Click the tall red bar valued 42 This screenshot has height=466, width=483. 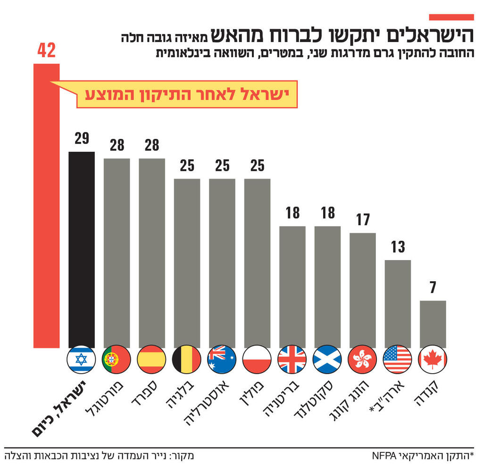point(46,207)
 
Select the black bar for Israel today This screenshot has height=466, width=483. point(82,250)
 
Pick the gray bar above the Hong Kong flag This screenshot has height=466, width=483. point(362,290)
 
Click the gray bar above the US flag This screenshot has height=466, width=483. point(398,304)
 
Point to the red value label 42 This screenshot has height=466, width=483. point(46,50)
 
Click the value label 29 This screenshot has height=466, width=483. point(82,139)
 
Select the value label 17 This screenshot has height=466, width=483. point(362,220)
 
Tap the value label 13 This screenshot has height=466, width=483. point(398,246)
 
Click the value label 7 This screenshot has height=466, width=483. point(433,287)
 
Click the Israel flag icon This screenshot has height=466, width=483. point(82,360)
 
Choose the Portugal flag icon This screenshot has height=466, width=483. point(117,360)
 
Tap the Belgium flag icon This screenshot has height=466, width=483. point(187,360)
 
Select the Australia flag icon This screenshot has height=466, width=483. point(222,360)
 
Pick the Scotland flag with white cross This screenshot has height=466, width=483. point(327,360)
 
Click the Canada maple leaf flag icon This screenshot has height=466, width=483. point(433,360)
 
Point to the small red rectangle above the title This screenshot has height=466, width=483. point(451,17)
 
